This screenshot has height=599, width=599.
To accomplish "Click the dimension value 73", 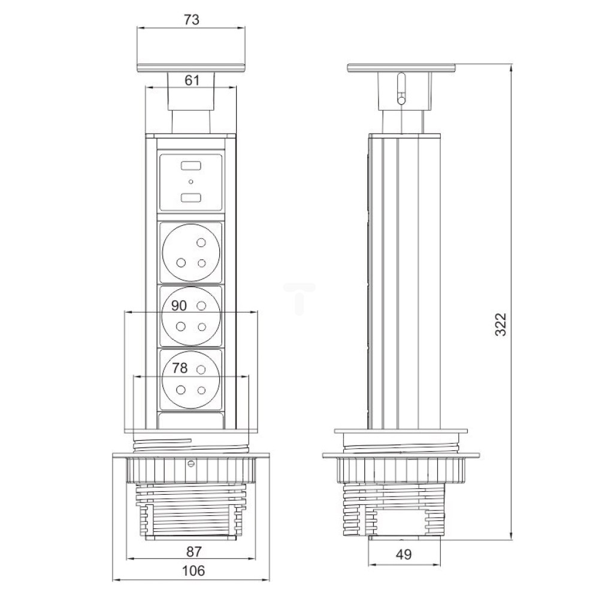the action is click(x=192, y=20).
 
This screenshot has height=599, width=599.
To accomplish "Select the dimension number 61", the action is click(x=192, y=80).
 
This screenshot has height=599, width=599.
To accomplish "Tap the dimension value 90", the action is click(x=179, y=305).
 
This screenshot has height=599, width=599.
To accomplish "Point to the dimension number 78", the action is click(x=180, y=368).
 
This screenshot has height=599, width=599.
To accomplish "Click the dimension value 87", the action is click(x=193, y=552).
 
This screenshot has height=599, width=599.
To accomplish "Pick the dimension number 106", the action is click(x=193, y=571).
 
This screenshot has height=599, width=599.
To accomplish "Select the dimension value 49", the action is click(x=404, y=554).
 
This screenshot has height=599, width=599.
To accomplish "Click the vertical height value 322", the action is click(x=500, y=324).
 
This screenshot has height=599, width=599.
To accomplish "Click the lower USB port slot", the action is click(x=191, y=198).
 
